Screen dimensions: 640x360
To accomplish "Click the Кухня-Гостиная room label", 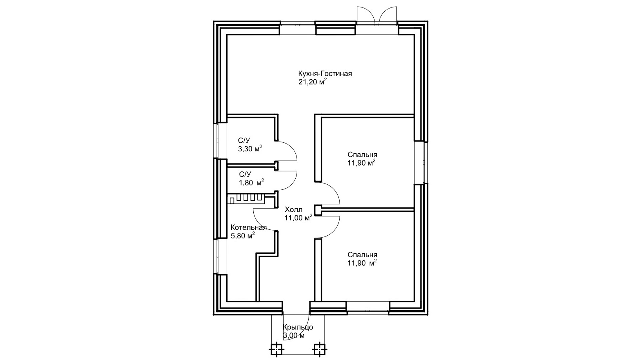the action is [325, 74].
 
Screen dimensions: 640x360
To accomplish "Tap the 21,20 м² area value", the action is [313, 82].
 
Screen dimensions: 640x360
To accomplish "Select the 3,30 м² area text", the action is [250, 149].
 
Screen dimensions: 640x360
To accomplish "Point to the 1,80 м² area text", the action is [251, 183].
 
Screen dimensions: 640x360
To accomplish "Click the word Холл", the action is [293, 209].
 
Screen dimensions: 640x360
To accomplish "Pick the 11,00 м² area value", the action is [298, 218].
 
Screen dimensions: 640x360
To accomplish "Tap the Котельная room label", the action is [249, 227].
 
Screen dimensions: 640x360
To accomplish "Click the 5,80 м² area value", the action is [243, 236].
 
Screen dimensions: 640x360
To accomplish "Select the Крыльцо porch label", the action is [298, 327].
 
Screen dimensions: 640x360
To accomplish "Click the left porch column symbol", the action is [276, 349].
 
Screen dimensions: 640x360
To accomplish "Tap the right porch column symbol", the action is [319, 349].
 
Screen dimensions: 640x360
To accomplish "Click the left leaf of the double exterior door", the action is [366, 14].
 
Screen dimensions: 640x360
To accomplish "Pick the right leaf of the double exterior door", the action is [388, 14].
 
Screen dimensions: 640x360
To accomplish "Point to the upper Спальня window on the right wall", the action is [420, 162].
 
